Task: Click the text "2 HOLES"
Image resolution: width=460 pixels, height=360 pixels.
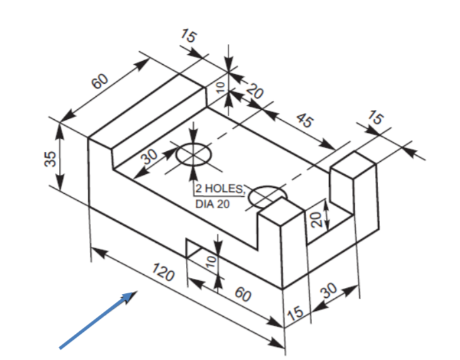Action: point(221,190)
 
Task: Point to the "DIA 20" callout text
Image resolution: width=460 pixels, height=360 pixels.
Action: point(213,204)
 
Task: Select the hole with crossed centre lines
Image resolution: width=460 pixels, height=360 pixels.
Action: point(194,154)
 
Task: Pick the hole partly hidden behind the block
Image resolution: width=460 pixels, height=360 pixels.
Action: point(265,194)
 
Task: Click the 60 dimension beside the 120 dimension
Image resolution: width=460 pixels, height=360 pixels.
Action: point(243,295)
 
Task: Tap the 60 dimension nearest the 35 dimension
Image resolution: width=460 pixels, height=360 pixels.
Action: point(99,82)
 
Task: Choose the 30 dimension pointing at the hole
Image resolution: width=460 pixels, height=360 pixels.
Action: point(150,157)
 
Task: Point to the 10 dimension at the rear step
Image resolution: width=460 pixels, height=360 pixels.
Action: point(220,85)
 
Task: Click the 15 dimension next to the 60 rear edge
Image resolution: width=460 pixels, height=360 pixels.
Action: point(188,37)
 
